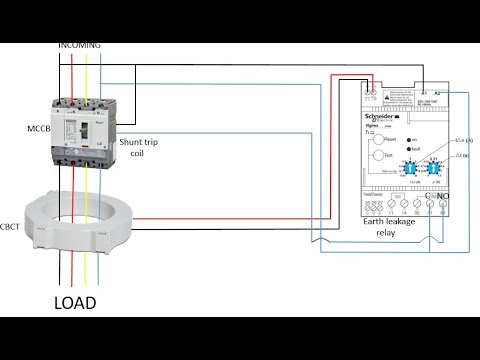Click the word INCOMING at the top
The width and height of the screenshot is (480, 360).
80,45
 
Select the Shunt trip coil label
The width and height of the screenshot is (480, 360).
141,150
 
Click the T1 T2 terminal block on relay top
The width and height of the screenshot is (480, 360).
373,97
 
